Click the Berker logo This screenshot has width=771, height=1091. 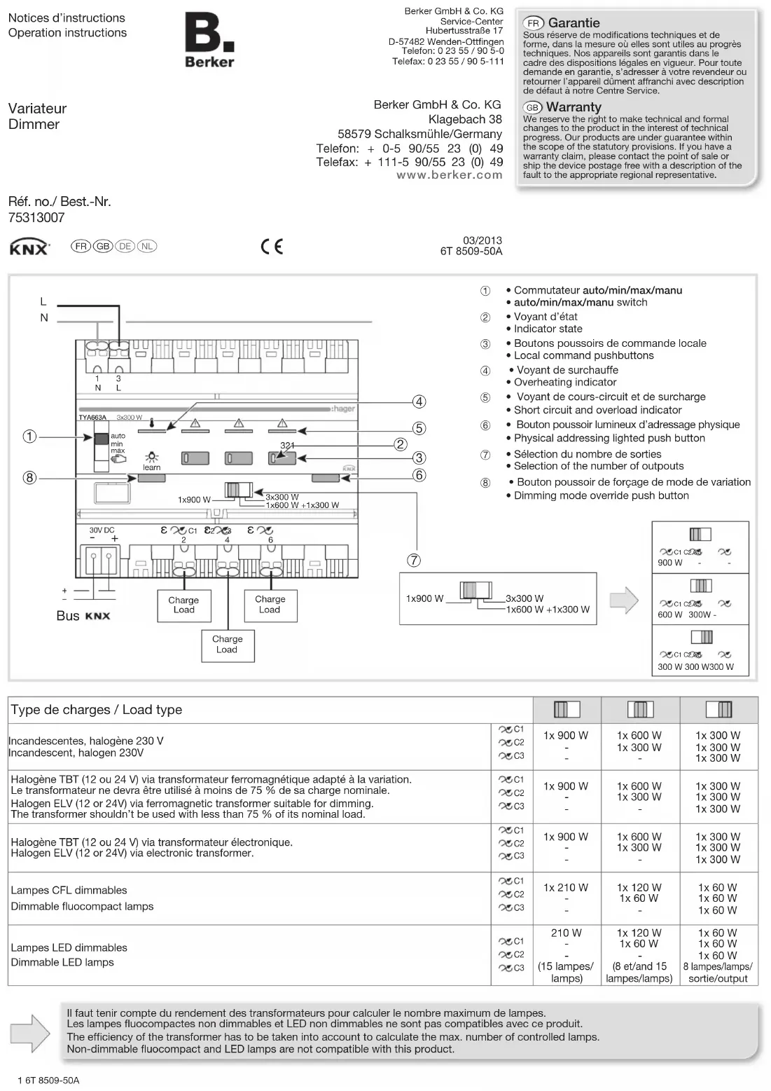coord(209,42)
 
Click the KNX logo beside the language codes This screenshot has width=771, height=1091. coord(29,247)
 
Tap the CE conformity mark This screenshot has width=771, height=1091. coord(272,247)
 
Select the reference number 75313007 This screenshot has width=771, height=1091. coord(36,218)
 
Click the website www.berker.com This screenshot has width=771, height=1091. coord(450,175)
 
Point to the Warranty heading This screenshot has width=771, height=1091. coord(573,107)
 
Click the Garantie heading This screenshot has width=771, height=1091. coord(573,23)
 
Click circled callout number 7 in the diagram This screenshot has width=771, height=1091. coord(414,561)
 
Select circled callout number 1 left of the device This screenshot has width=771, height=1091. coord(29,437)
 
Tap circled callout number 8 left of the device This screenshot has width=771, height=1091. coord(29,478)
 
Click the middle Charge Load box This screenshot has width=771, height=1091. coord(227,644)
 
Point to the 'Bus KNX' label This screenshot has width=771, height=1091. coord(83,616)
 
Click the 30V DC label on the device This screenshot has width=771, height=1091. coord(102,530)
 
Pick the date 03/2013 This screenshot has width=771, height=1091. coord(482,240)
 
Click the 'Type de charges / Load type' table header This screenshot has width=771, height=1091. coord(97,710)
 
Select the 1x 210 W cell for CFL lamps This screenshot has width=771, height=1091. coord(566,888)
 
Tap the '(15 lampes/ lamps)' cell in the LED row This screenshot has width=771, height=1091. coord(566,972)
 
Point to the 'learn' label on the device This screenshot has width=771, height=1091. coord(151,467)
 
